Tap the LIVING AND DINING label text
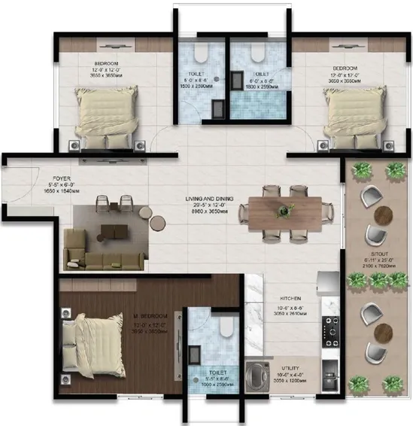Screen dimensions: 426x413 tap(210, 199)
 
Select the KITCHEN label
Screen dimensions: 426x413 tap(290, 298)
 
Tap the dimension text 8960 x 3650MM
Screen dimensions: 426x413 tap(210, 212)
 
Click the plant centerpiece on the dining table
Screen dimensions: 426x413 tap(284, 208)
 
